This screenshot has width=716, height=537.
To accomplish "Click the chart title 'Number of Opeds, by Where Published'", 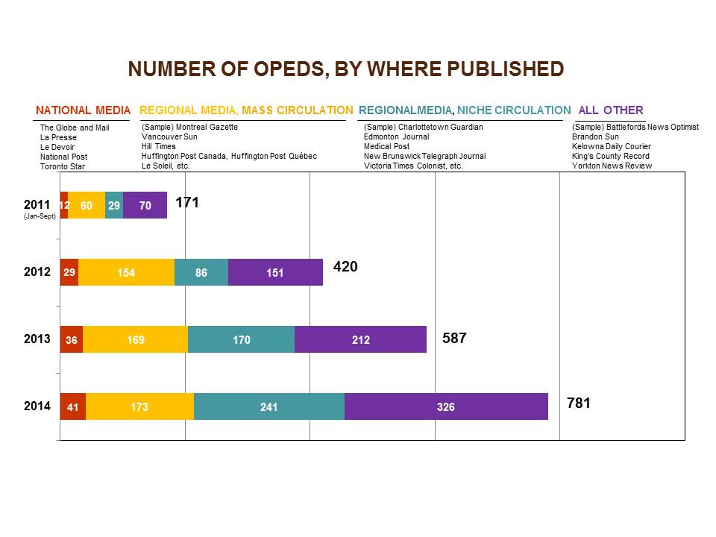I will (x=346, y=69).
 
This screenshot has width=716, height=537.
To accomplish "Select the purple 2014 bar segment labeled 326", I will (x=446, y=406).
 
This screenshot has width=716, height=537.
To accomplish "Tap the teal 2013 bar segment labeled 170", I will (x=241, y=339).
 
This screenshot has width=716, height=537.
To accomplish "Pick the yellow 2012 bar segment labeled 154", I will (x=126, y=272).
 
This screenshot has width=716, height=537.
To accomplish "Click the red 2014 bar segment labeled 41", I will (x=72, y=406).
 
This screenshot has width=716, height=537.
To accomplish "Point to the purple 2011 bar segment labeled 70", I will (x=145, y=205).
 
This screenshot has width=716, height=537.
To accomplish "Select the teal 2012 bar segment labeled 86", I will (x=201, y=272).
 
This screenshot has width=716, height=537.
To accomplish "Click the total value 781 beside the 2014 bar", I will (x=579, y=403).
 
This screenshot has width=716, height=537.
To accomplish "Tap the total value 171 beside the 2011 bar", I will (x=187, y=202).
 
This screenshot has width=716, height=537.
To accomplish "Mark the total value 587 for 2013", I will (x=454, y=338).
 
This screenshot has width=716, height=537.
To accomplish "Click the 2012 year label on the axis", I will (x=37, y=272).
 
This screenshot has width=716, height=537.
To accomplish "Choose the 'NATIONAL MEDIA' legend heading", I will (x=83, y=110).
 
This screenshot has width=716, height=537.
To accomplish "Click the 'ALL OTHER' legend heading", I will (x=611, y=110).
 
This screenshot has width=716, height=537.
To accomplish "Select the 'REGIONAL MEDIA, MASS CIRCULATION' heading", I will (x=246, y=110).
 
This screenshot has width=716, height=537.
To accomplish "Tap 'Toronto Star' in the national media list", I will (x=63, y=166).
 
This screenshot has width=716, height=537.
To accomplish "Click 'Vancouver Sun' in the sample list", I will (x=169, y=137).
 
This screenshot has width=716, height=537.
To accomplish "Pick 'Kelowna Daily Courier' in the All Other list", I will (x=612, y=147).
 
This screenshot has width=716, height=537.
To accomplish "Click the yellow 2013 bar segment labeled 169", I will (x=135, y=339).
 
